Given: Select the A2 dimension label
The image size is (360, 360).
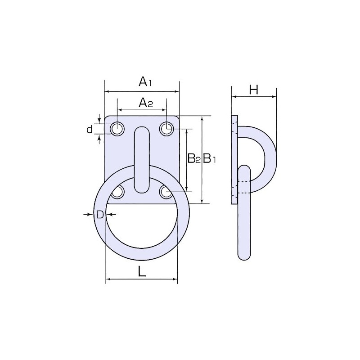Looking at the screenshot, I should pos(145,103).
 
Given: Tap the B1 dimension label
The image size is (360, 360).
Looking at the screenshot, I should pos(210,158).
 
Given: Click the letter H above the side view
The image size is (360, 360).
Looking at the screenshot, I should pos(254,90).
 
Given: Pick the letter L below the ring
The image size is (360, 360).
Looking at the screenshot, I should pos(141,271).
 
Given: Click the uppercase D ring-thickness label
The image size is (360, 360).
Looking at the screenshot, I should pos(100,215).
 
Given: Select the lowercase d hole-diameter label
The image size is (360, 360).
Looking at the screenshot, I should pos(90,130).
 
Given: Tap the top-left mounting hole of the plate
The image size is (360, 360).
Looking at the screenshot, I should pos(117,129).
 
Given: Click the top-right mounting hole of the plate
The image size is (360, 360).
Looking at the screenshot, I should pos(167,129).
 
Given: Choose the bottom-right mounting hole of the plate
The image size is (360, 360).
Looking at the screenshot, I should pos(166,193).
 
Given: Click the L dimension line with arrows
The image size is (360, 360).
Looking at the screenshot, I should pos(141,280).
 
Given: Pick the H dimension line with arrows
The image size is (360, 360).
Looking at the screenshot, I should pos(254,96).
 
